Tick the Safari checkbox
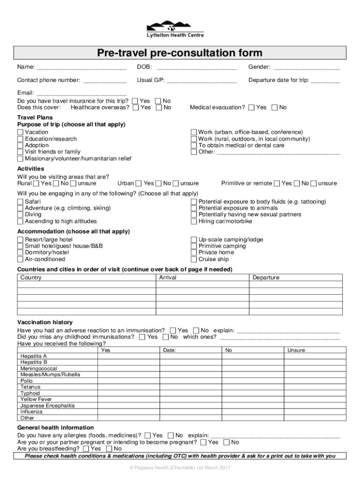tap(20, 202)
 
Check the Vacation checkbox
tap(20, 132)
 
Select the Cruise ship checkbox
tap(194, 259)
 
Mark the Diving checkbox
tap(20, 215)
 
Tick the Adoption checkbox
tap(20, 145)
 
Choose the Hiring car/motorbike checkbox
tap(194, 221)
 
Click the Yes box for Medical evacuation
tap(252, 108)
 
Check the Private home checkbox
tap(194, 253)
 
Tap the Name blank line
tap(81, 68)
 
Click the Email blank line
tap(81, 93)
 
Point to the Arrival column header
tap(168, 278)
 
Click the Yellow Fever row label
tap(36, 399)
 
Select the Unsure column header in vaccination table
tap(296, 350)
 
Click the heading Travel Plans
tap(35, 117)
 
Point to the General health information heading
tap(56, 428)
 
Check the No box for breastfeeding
tap(110, 449)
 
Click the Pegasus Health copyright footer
tap(180, 468)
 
